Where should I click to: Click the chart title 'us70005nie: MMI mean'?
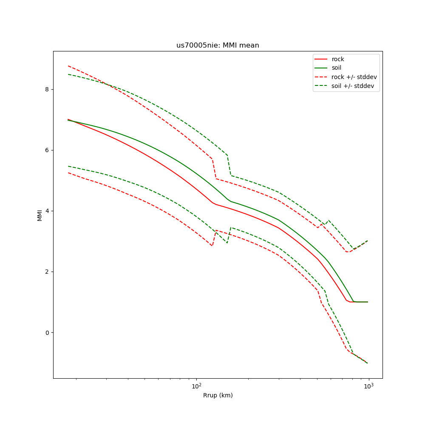click(218, 45)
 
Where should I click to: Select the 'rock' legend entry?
click(338, 59)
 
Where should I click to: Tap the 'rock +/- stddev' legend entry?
click(354, 77)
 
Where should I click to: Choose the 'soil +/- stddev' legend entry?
click(354, 86)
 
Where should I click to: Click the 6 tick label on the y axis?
click(47, 150)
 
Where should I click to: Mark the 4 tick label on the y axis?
click(47, 211)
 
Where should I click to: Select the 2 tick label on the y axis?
click(47, 272)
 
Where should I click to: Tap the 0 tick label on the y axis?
click(47, 332)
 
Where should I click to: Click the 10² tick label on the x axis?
click(196, 386)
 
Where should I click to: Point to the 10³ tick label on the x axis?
click(368, 386)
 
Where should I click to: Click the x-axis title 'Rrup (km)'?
click(218, 396)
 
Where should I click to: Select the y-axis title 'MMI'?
click(40, 215)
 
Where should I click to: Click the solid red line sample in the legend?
click(321, 59)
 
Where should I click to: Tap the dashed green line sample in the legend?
click(321, 86)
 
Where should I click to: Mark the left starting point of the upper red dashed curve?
click(68, 66)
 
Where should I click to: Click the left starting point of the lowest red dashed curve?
click(68, 173)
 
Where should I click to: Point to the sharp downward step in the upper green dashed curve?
click(229, 165)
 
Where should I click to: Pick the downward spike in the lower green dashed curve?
click(227, 243)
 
